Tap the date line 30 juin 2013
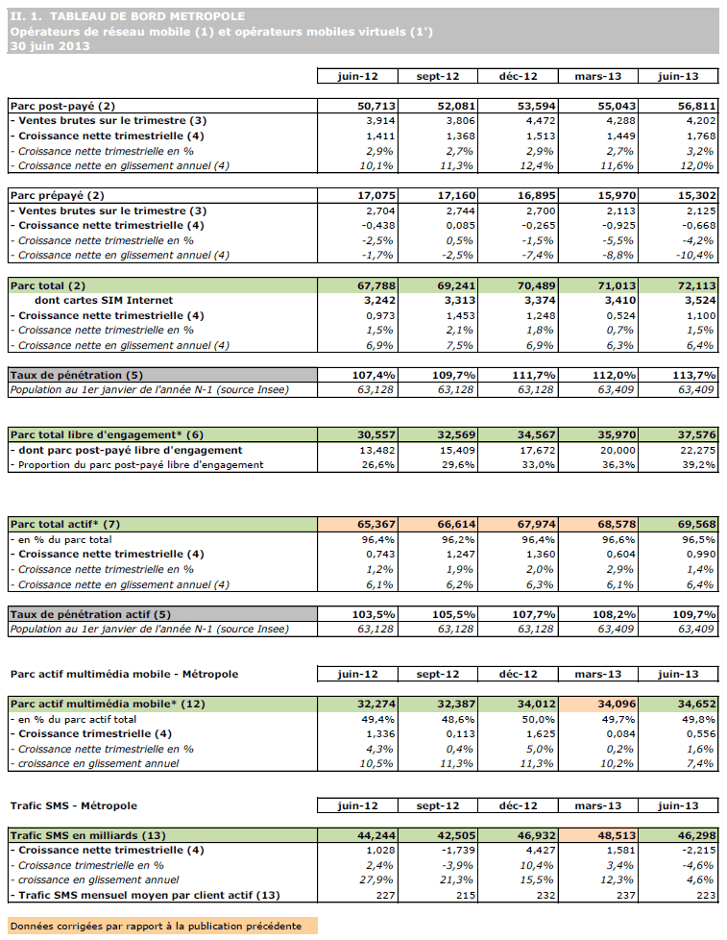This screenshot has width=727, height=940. pos(43,45)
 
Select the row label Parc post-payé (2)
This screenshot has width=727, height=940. pos(62,106)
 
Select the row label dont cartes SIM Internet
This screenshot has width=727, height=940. pos(103,301)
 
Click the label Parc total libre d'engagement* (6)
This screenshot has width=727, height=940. pos(107,435)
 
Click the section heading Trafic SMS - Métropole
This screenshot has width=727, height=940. pos(74,805)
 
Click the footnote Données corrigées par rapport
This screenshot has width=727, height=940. pos(156,927)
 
